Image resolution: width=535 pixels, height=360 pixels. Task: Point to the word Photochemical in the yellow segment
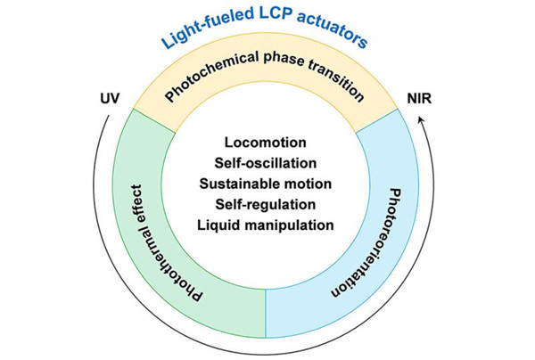coord(214,82)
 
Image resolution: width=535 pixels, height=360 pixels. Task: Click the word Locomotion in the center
coord(267,143)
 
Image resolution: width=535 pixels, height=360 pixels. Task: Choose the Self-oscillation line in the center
coord(267,164)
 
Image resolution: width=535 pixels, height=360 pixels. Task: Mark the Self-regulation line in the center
coord(267,204)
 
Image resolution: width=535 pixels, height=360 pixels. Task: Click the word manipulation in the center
coord(289,225)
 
